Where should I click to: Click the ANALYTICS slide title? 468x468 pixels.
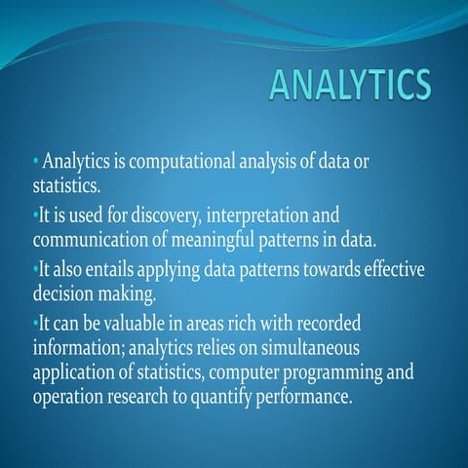coord(349,85)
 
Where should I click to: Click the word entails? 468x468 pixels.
coord(124,269)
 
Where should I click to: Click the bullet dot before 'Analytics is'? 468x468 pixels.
coord(35,161)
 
